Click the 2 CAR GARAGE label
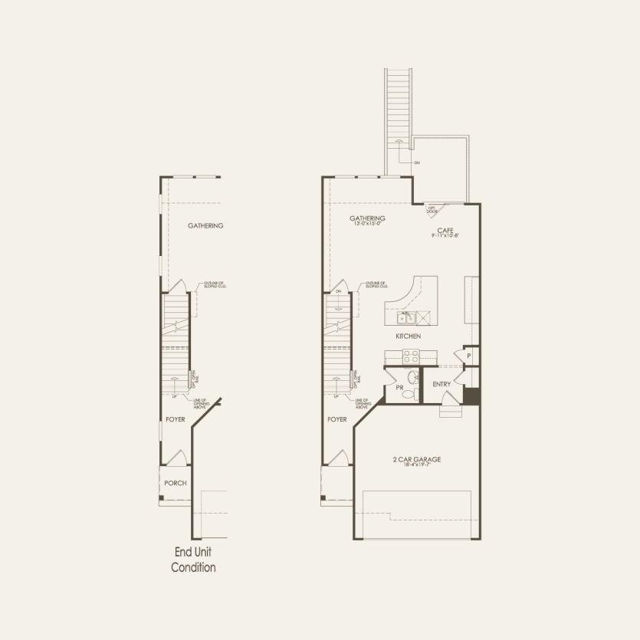point(416,460)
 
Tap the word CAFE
point(445,229)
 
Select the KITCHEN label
point(408,336)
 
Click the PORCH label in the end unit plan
point(175,483)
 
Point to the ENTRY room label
point(441,383)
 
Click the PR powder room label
point(399,388)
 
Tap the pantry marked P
point(467,356)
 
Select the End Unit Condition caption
point(192,560)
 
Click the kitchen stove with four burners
point(411,356)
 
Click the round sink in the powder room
point(413,376)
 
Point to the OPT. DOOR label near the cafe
point(432,208)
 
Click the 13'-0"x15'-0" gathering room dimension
point(367,225)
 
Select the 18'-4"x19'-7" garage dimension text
point(416,466)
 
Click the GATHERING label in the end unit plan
point(205,226)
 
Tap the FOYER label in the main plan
point(337,419)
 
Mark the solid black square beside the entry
point(471,397)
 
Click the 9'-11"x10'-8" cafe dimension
point(445,236)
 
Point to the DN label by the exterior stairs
point(417,162)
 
